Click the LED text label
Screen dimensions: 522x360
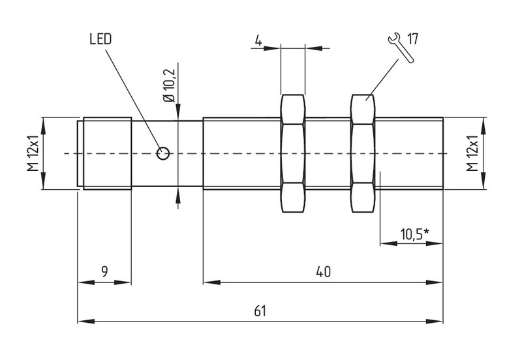[100, 39]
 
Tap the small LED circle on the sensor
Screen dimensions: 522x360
[163, 153]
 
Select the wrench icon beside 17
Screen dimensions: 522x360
[401, 48]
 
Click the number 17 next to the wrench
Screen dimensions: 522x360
[412, 39]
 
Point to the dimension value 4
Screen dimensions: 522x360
[258, 40]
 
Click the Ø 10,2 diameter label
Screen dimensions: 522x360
[169, 85]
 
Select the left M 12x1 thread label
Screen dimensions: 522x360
[33, 153]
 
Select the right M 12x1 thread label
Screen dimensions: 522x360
[472, 153]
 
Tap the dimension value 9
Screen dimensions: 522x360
[104, 272]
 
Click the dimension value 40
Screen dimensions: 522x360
[323, 272]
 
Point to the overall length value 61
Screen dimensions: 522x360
[260, 312]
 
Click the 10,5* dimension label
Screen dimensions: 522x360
[414, 234]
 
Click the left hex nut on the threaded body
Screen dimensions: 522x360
[293, 153]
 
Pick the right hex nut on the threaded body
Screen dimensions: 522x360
[363, 153]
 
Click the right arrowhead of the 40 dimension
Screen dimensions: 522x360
[435, 282]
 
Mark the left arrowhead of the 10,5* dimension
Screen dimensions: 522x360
[388, 244]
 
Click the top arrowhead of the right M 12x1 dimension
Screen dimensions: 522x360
[484, 126]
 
